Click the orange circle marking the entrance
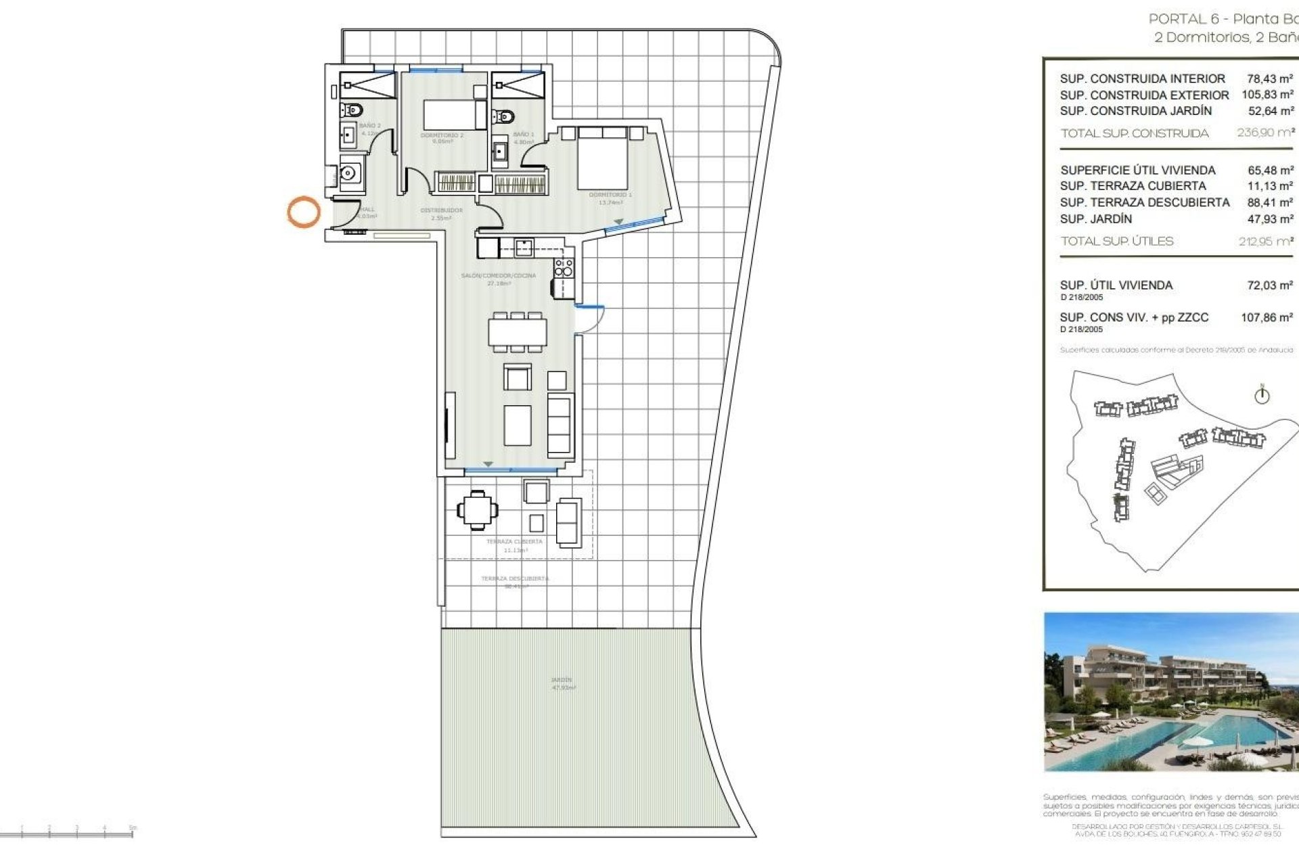(303, 212)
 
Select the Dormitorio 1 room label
(610, 195)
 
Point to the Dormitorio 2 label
(442, 135)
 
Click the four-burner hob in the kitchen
(564, 267)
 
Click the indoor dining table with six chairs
(518, 332)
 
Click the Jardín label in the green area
(562, 680)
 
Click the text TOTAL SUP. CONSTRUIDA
(1135, 133)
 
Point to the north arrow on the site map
(1262, 395)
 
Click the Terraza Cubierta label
(514, 542)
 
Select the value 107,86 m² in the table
(1267, 317)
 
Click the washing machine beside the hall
(350, 174)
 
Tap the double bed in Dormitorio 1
(602, 159)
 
